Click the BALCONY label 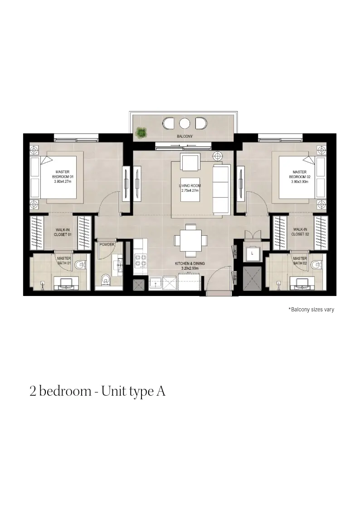[x=185, y=136]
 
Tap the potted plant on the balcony [x=141, y=132]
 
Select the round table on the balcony [x=185, y=123]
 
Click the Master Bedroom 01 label [x=63, y=177]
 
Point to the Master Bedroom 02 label [x=300, y=177]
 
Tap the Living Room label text [x=190, y=188]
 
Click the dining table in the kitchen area [x=190, y=240]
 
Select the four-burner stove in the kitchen [x=141, y=260]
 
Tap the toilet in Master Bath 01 [x=79, y=265]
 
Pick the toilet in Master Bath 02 [x=316, y=265]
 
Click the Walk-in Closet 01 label [x=63, y=232]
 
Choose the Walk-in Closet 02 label [x=300, y=232]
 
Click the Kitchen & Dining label [x=190, y=266]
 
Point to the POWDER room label [x=107, y=244]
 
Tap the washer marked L [x=252, y=253]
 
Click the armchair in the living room [x=190, y=162]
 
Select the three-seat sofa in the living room [x=221, y=189]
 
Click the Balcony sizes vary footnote [x=311, y=310]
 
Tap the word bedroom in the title [x=65, y=391]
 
